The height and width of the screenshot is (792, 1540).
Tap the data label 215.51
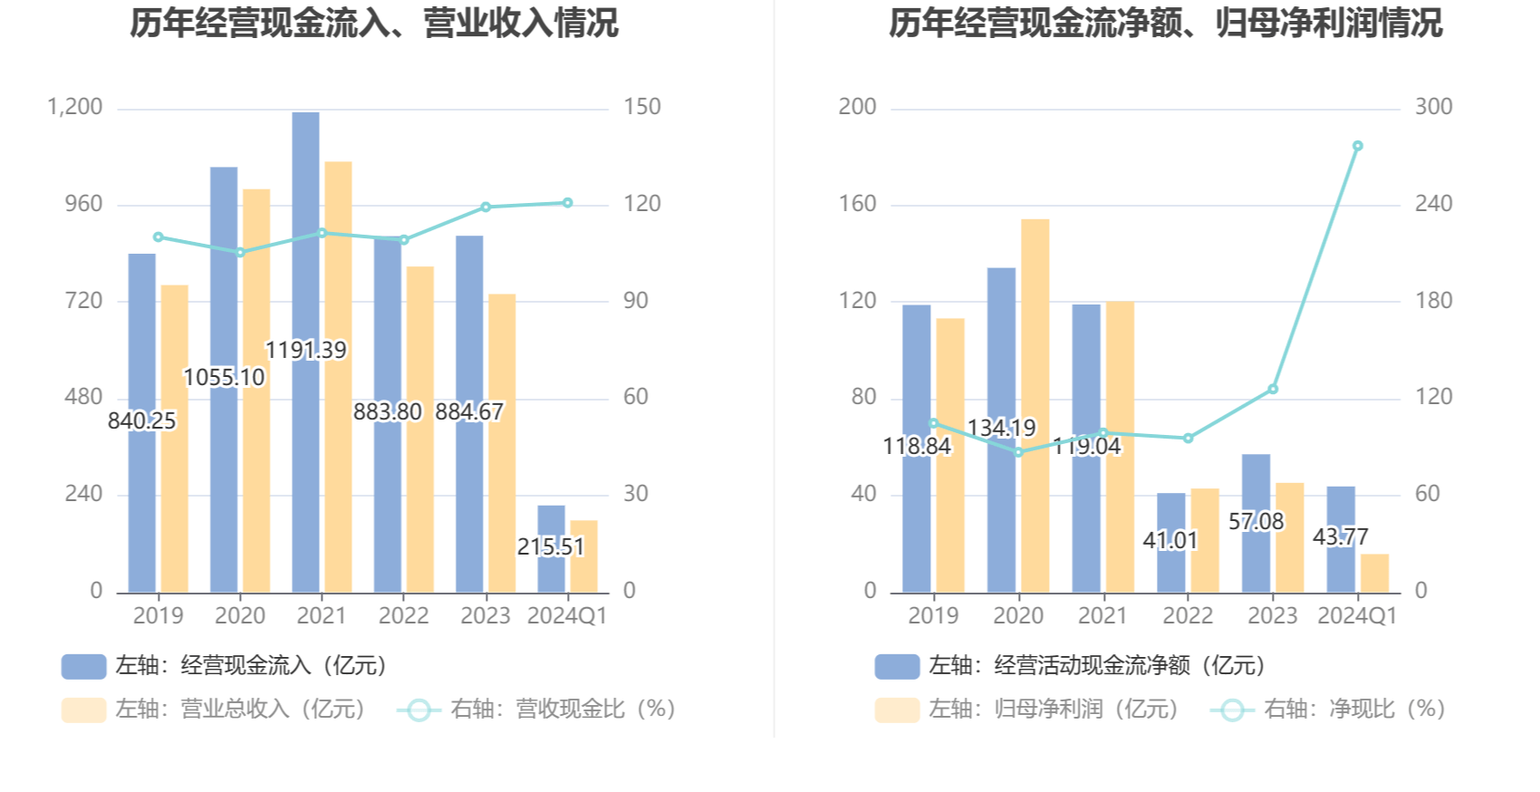551,546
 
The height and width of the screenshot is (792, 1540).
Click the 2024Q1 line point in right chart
1357,146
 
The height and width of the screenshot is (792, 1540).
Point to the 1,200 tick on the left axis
75,107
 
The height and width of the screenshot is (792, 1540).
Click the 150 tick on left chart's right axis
641,107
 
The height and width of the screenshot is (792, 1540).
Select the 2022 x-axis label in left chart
403,615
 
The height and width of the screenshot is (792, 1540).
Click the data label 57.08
1256,521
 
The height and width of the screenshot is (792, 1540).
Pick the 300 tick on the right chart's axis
1433,107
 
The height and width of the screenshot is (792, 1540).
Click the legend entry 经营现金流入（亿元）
226,666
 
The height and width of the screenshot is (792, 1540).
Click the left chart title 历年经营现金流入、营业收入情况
373,24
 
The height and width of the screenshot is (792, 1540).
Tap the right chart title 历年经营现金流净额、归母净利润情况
1165,24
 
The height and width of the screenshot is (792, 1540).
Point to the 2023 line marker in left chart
486,208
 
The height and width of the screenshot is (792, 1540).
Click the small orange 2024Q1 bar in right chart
1374,574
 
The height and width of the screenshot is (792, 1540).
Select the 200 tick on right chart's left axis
857,107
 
